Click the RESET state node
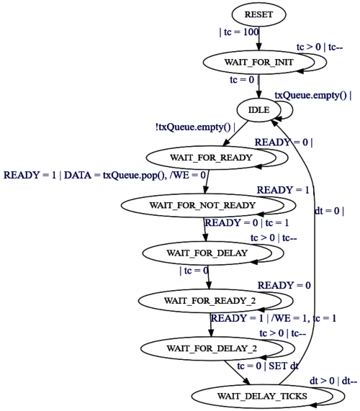258,14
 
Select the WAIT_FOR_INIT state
258,62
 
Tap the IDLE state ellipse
258,110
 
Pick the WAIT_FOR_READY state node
211,158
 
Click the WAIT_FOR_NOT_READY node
202,205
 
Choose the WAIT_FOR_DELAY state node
207,253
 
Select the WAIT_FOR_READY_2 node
210,301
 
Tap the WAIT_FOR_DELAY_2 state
212,348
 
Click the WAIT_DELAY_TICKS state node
262,396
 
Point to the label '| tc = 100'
239,32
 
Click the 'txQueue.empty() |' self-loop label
313,95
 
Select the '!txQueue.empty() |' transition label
195,127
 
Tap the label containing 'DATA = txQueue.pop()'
104,175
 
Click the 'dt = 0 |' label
329,211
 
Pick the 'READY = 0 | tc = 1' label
247,223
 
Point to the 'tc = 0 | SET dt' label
268,366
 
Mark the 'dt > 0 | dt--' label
333,381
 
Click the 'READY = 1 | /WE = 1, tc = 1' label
274,318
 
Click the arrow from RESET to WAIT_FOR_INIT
258,39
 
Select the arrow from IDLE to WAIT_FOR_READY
235,133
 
